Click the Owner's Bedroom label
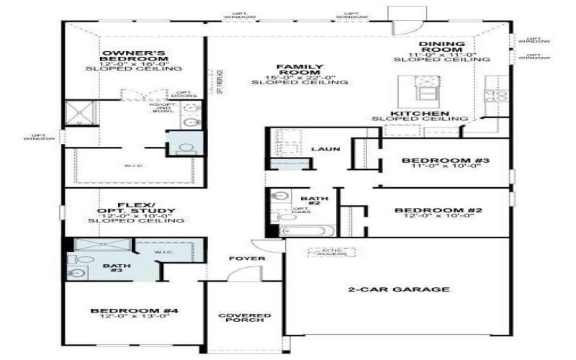(134, 58)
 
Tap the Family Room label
(300, 70)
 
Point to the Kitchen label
(420, 114)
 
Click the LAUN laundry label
(320, 149)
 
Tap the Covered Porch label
(245, 318)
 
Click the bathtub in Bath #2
(307, 231)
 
